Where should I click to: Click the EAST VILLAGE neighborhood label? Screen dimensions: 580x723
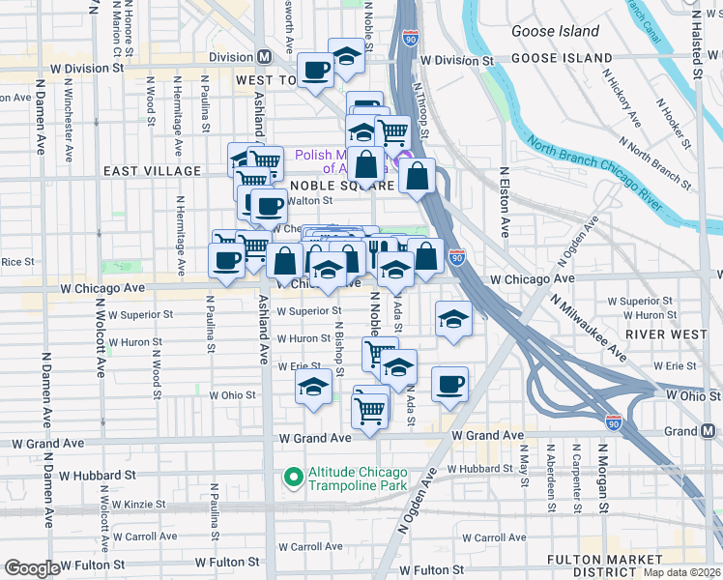point(153,171)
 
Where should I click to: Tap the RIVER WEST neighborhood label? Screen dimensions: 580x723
point(660,333)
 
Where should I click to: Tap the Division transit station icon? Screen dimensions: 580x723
point(264,57)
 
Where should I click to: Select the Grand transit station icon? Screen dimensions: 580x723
point(709,430)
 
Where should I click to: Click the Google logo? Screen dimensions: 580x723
point(32,568)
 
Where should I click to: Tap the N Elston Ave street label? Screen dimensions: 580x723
point(505,203)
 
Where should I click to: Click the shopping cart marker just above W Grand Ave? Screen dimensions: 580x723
point(371,410)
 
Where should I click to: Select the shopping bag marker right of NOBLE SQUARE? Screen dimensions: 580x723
point(417,177)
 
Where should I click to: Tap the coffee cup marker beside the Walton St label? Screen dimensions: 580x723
point(268,206)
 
